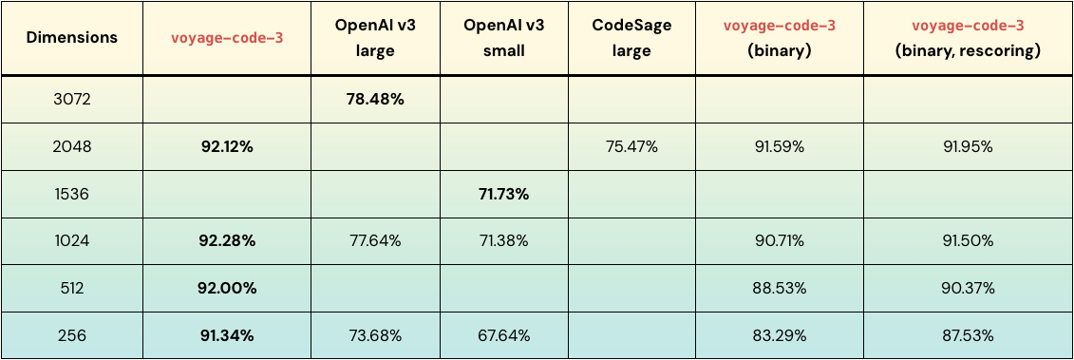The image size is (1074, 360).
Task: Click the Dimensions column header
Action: (x=72, y=38)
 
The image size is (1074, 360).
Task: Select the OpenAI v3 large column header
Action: (x=376, y=38)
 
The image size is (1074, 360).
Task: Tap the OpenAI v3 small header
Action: (x=503, y=38)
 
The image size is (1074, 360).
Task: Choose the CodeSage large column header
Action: (x=631, y=38)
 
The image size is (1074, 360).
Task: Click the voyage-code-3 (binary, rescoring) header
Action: (x=968, y=38)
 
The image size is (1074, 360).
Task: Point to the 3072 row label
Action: (x=72, y=99)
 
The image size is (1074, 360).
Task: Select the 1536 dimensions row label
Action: (x=72, y=194)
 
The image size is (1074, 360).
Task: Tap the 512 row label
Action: (x=72, y=288)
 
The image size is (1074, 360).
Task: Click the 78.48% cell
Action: (x=376, y=99)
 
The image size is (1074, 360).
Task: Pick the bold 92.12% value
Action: (x=227, y=146)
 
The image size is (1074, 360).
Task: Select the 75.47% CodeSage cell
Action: (x=631, y=146)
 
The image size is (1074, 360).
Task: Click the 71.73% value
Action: (x=503, y=194)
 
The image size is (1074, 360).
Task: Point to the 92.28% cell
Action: (x=227, y=241)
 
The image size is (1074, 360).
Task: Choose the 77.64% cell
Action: (x=376, y=241)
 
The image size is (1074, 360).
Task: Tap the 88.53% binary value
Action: (x=779, y=288)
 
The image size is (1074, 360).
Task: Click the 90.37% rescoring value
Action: (x=968, y=288)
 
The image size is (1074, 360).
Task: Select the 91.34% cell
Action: (x=227, y=335)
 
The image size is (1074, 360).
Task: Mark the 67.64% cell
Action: (x=503, y=335)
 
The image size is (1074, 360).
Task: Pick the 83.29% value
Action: (x=779, y=335)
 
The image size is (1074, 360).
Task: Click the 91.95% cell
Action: (x=968, y=146)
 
